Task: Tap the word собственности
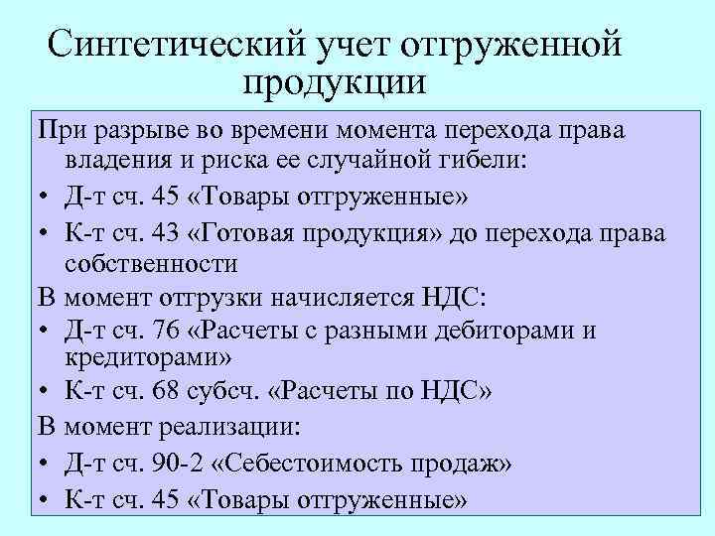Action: coord(151,263)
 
